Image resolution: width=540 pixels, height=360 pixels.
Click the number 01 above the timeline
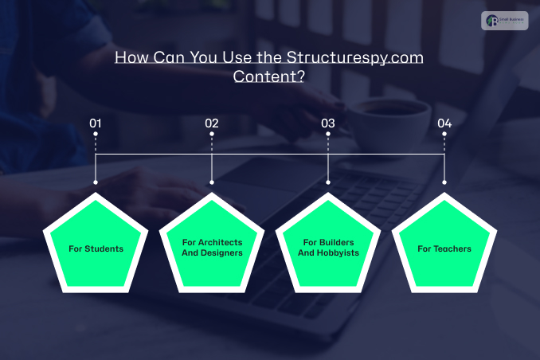point(96,123)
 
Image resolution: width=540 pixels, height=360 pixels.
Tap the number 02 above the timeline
point(211,123)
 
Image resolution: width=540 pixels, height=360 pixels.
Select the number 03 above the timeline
point(327,123)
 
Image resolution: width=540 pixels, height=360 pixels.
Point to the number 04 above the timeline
point(444,123)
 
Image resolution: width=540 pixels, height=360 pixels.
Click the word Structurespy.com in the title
point(354,58)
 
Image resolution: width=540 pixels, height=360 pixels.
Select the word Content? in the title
point(270,77)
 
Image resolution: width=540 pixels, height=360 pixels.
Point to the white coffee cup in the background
point(381,119)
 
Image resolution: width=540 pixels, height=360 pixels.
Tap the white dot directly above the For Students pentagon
point(96,182)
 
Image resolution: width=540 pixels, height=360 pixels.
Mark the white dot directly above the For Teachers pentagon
point(444,182)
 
